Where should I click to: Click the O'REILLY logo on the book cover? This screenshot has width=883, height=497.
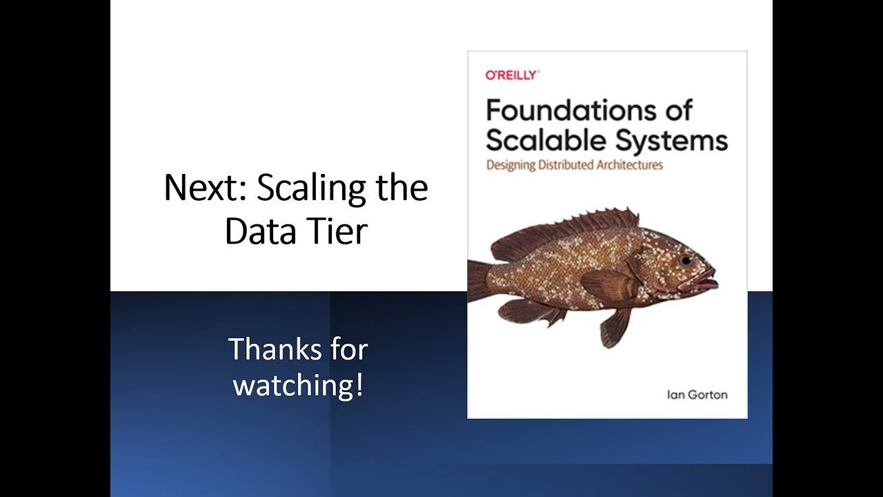tap(512, 75)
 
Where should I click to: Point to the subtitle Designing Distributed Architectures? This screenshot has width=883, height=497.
tap(574, 165)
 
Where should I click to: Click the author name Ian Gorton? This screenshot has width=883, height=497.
tap(697, 395)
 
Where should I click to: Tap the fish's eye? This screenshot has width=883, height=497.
tap(686, 260)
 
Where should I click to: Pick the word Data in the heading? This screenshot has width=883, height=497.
tap(256, 231)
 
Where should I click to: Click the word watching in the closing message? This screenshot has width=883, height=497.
tap(293, 385)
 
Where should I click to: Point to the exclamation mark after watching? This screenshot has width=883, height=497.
tap(359, 384)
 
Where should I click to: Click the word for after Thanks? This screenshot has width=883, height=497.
tap(349, 349)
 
